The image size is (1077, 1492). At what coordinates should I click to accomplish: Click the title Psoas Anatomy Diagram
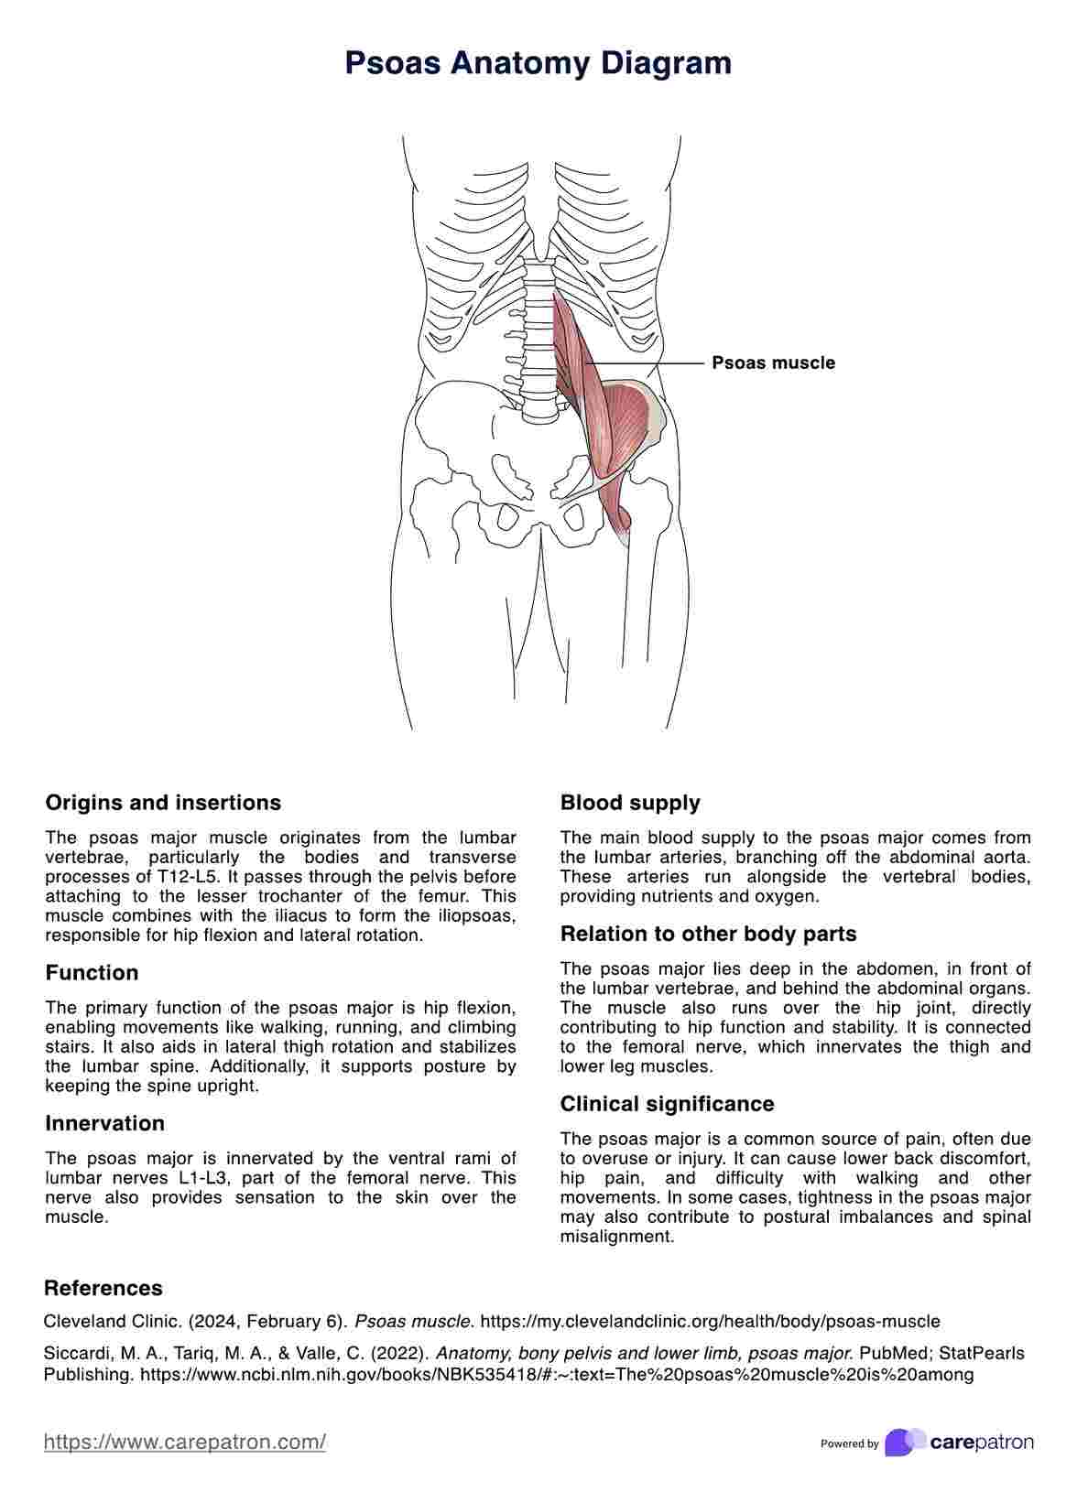[x=538, y=63]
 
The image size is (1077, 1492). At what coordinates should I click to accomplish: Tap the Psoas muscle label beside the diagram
[x=773, y=363]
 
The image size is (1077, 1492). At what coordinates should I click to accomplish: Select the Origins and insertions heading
[x=163, y=803]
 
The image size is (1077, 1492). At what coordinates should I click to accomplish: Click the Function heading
[x=92, y=973]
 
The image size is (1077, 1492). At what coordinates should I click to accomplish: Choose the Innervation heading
[x=104, y=1123]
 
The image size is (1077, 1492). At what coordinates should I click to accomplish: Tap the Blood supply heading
[x=630, y=803]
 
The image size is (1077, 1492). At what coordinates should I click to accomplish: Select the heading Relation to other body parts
[x=708, y=935]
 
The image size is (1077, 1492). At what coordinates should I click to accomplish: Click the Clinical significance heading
[x=667, y=1104]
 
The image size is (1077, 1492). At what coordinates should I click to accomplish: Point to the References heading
[x=103, y=1288]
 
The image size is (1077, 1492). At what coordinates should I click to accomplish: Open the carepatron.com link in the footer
[x=185, y=1443]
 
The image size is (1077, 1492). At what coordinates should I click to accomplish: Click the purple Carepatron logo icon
[x=904, y=1443]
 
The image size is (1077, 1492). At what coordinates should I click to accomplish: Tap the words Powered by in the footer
[x=849, y=1444]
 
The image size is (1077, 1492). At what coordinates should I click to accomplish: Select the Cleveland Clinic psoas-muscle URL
[x=710, y=1322]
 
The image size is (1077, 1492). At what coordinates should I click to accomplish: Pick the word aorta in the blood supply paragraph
[x=1006, y=858]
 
